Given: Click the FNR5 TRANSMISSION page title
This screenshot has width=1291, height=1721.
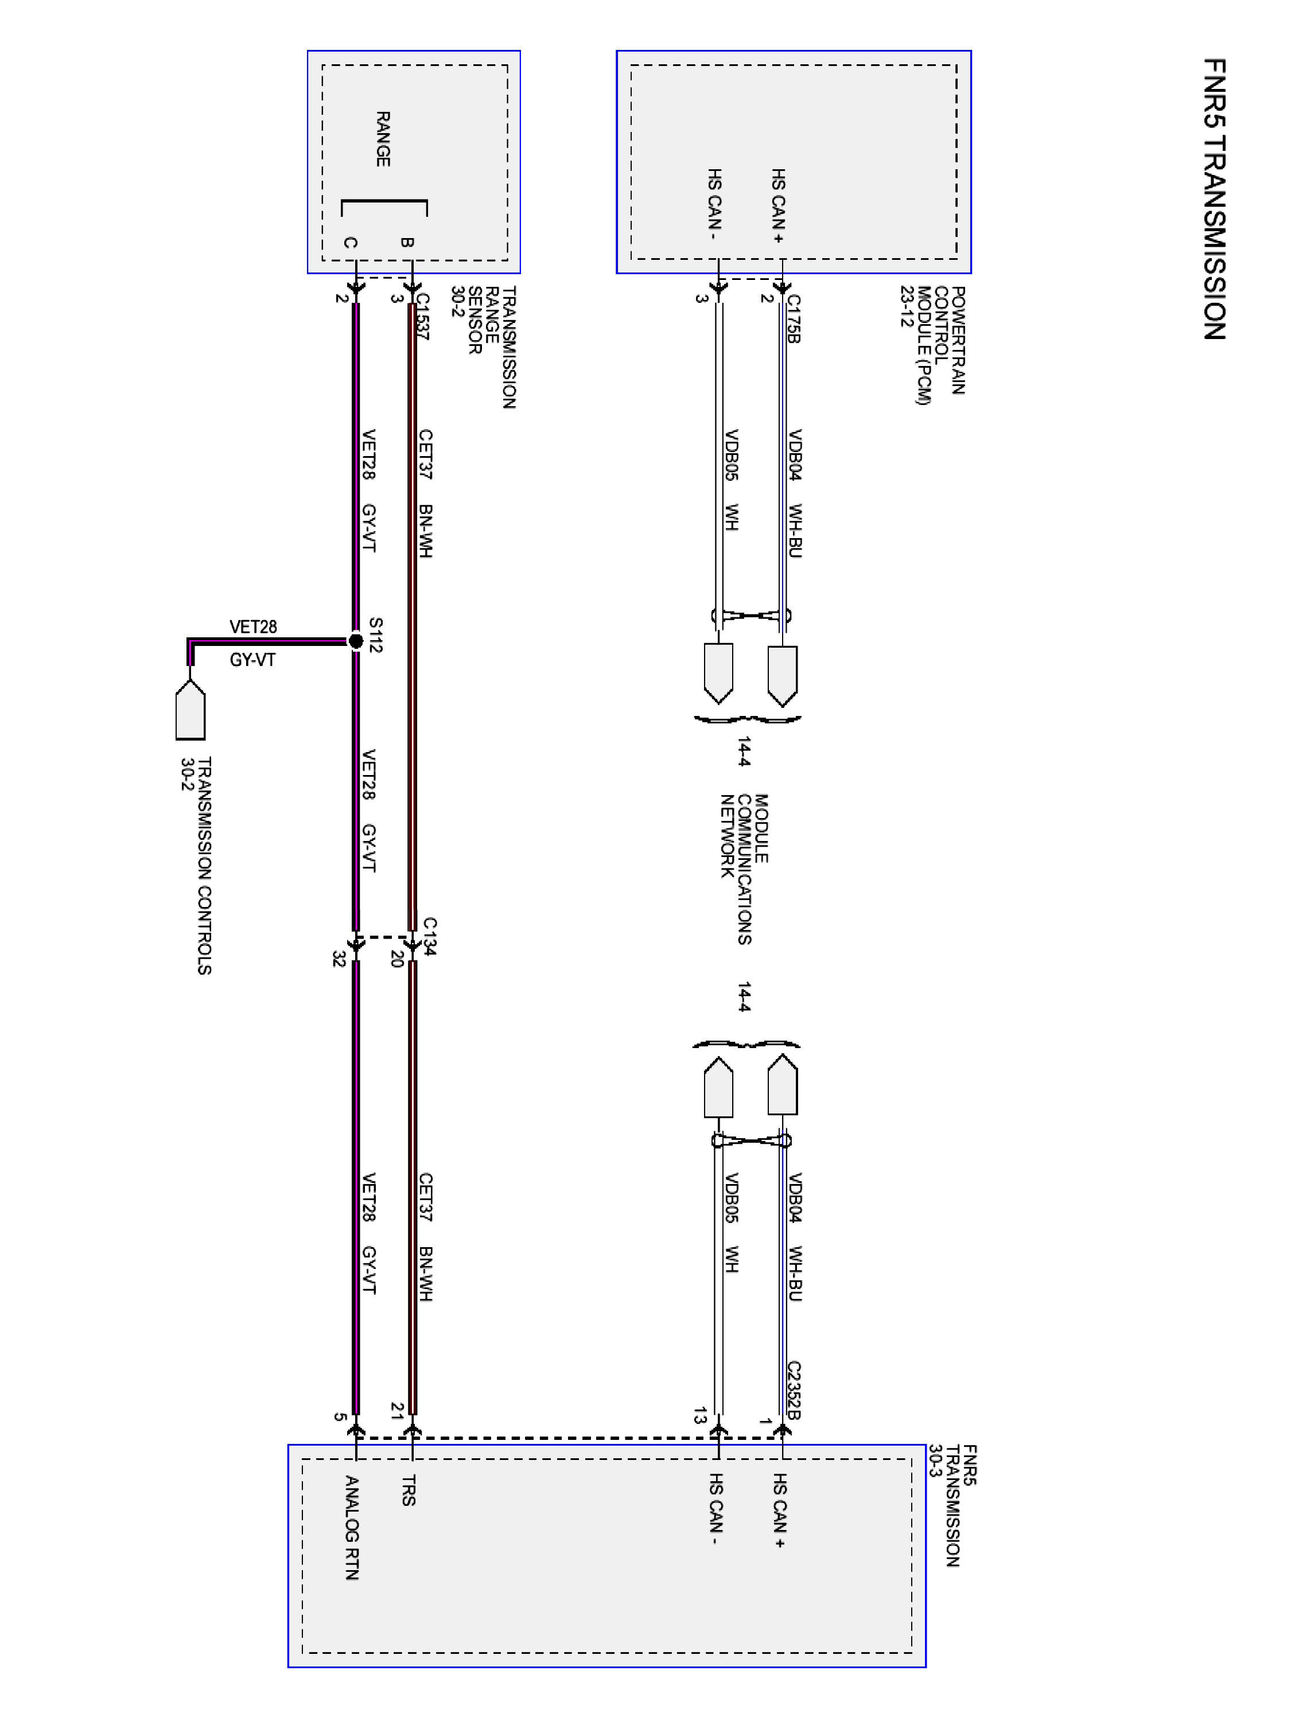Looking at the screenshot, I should (1214, 199).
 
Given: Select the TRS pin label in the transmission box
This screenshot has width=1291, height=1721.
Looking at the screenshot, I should (409, 1490).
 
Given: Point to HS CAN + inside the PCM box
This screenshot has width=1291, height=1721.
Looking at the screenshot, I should (778, 205).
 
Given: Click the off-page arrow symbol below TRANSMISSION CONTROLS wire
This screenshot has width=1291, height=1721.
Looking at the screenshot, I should (190, 710).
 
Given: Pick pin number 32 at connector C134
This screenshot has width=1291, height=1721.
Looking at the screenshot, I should (339, 959).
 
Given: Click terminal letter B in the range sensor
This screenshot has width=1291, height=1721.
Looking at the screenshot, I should (407, 242).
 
